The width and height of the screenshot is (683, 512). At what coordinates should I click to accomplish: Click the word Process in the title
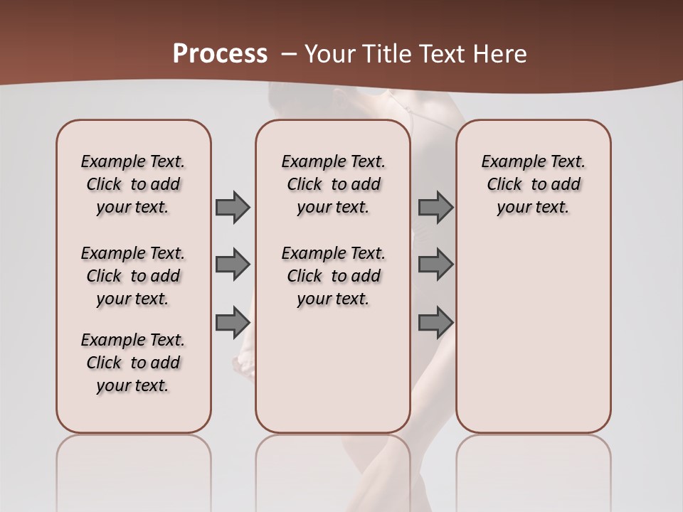[x=220, y=53]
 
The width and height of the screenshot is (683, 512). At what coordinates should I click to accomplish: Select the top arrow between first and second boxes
[x=233, y=207]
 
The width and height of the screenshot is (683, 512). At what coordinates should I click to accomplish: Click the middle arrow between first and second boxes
[x=233, y=265]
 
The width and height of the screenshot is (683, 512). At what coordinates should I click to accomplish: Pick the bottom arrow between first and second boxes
[x=233, y=322]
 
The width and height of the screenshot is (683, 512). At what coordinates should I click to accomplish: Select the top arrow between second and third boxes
[x=435, y=207]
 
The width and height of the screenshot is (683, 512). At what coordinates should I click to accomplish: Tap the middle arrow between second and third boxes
[x=435, y=265]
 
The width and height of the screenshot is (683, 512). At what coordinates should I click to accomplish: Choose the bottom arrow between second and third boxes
[x=435, y=322]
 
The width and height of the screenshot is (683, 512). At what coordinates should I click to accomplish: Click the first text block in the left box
[x=133, y=184]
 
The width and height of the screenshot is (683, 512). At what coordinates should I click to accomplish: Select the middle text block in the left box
[x=133, y=276]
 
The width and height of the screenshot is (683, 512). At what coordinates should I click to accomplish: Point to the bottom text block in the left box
[x=133, y=363]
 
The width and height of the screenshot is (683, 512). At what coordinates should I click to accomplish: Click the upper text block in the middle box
[x=333, y=184]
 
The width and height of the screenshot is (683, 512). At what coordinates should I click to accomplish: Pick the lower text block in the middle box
[x=333, y=276]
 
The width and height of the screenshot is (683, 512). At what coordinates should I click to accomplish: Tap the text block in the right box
[x=534, y=184]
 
